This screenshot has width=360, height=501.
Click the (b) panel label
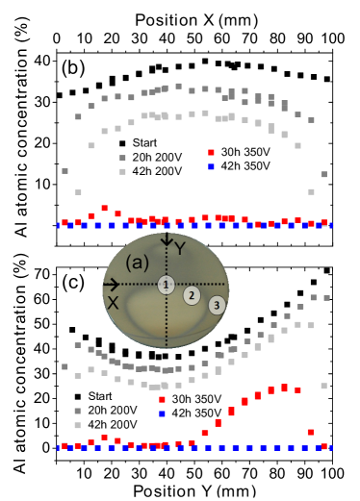(x=73, y=67)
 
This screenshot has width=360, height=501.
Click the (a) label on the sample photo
(x=139, y=261)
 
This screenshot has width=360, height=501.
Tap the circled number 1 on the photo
(x=167, y=285)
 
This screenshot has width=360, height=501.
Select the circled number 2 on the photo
(x=192, y=295)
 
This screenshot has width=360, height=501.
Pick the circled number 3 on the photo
(x=218, y=305)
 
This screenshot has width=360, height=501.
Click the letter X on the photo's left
(x=113, y=302)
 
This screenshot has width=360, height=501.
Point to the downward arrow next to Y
(x=167, y=239)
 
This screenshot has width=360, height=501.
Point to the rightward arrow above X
(x=111, y=285)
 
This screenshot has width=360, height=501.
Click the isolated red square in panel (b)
(x=212, y=152)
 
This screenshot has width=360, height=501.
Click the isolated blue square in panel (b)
(x=212, y=167)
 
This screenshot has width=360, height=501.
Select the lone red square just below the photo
(x=162, y=399)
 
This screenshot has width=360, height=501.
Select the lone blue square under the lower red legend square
(x=162, y=413)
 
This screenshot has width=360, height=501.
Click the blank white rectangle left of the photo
(x=72, y=308)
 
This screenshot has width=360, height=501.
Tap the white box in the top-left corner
(x=12, y=16)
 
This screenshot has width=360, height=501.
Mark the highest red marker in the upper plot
(x=104, y=208)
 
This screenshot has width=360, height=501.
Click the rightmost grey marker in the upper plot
(x=323, y=174)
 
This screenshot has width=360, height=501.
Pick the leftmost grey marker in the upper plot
(x=64, y=171)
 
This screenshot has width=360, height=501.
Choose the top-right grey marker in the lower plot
(x=326, y=298)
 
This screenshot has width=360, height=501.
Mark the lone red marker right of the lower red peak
(x=310, y=432)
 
